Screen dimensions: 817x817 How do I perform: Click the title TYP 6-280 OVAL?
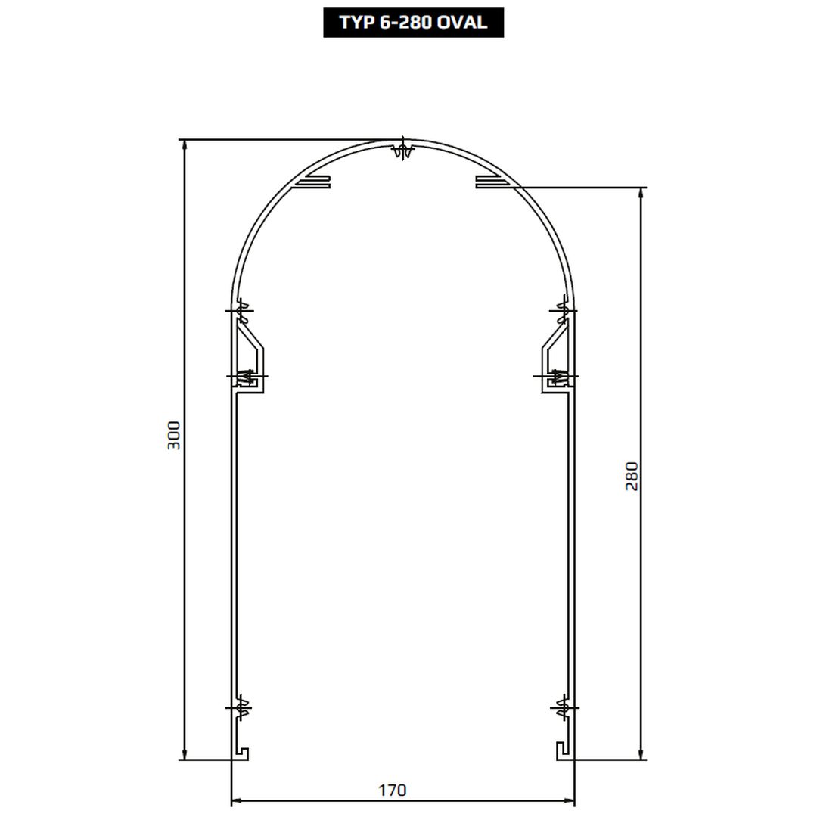click(413, 23)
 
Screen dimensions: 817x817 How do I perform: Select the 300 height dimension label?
click(173, 436)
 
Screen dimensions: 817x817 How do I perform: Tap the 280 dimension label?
click(631, 476)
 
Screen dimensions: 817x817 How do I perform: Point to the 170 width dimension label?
click(392, 790)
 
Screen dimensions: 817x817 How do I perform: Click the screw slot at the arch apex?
click(403, 149)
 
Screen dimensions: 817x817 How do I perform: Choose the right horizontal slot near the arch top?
click(492, 182)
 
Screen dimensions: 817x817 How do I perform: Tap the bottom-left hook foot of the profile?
click(242, 753)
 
